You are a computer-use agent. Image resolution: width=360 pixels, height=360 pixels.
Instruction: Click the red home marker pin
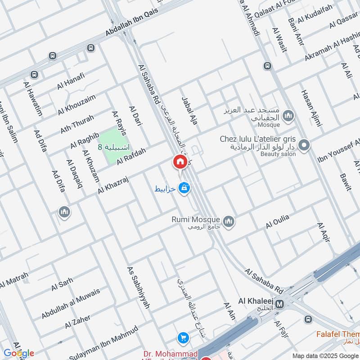point(180,162)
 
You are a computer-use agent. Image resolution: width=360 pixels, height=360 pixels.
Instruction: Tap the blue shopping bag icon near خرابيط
point(183,189)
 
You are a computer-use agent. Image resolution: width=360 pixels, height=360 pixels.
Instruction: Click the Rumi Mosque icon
point(229,221)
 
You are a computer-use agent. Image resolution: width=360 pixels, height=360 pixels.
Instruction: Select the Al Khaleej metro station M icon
point(279,304)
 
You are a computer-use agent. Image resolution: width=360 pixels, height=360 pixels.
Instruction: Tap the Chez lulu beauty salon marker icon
point(304,145)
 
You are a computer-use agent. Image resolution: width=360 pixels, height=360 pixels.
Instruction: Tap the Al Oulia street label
point(278,222)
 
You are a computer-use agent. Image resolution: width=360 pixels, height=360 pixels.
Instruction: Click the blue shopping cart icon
point(183,337)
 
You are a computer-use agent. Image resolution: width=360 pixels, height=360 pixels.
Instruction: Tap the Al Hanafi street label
point(71,82)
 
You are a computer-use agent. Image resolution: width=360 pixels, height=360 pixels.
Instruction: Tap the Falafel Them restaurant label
point(337,334)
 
